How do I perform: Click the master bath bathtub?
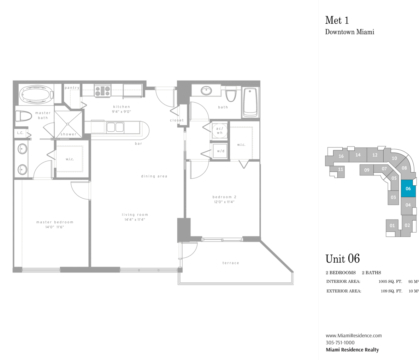(36, 95)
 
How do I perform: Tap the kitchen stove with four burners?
(102, 90)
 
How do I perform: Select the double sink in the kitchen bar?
(115, 127)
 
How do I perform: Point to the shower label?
(69, 134)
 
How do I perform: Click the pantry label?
(72, 88)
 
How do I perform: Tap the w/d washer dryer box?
(220, 151)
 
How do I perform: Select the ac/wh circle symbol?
(220, 131)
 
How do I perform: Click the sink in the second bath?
(206, 91)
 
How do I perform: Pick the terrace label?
(231, 263)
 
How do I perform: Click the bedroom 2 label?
(224, 197)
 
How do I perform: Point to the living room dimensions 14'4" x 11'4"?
(135, 220)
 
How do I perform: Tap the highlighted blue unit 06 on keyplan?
(408, 188)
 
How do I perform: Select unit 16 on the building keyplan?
(341, 156)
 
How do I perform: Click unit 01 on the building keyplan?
(392, 226)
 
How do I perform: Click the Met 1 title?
(337, 20)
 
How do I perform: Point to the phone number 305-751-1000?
(340, 343)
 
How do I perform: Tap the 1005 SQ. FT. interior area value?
(390, 281)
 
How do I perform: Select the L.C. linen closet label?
(20, 133)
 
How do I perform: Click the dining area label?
(154, 176)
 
